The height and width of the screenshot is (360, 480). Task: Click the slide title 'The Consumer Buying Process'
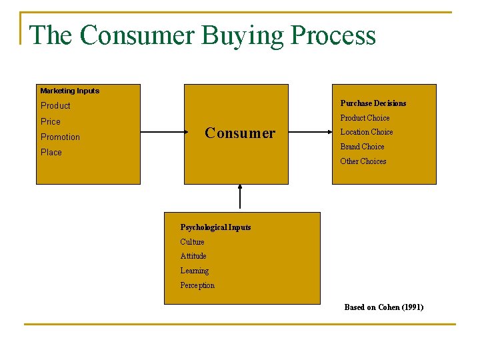point(203,35)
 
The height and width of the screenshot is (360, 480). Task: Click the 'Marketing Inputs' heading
point(69,91)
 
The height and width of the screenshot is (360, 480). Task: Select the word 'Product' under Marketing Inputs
point(55,106)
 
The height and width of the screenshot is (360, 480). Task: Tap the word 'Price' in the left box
point(51,121)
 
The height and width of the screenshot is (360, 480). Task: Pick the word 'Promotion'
point(60,137)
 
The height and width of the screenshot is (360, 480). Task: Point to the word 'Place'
point(51,153)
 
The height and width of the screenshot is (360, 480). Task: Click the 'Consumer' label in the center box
point(239,133)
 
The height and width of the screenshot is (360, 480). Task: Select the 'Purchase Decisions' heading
point(373,103)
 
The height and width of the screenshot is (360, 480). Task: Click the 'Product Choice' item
point(365,118)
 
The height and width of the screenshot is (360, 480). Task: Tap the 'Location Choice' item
point(367,132)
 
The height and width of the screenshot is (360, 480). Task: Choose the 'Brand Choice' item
point(362,147)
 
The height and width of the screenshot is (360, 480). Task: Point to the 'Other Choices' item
point(363,161)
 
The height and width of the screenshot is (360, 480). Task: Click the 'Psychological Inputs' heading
point(215,227)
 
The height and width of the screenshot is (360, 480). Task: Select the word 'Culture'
point(192,242)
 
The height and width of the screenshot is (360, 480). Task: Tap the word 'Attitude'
point(193,256)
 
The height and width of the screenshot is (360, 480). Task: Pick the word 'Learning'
point(194,271)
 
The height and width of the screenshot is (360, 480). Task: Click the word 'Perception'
point(197,285)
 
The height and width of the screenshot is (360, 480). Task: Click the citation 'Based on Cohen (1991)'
point(383,307)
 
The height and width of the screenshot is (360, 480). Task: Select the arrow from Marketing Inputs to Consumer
point(162,132)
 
